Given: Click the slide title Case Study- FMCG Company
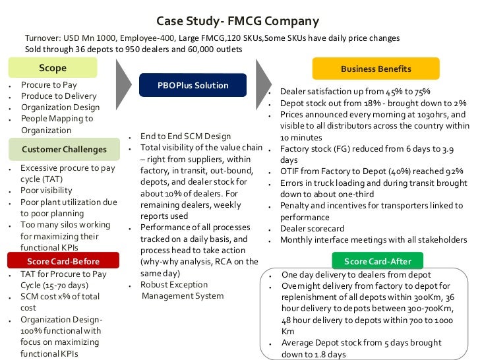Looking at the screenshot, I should click(x=241, y=21).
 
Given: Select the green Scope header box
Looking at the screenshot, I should click(x=53, y=68).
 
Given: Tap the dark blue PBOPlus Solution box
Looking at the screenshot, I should click(x=193, y=85).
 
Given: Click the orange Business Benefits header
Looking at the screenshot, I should click(x=376, y=69).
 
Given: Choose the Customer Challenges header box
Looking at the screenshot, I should click(x=55, y=149).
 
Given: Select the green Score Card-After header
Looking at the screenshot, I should click(x=376, y=261).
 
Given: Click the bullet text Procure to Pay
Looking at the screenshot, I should click(x=49, y=85).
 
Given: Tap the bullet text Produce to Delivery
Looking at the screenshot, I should click(x=59, y=96).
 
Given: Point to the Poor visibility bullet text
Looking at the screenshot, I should click(x=47, y=191).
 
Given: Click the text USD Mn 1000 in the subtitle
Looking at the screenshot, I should click(x=90, y=38).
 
